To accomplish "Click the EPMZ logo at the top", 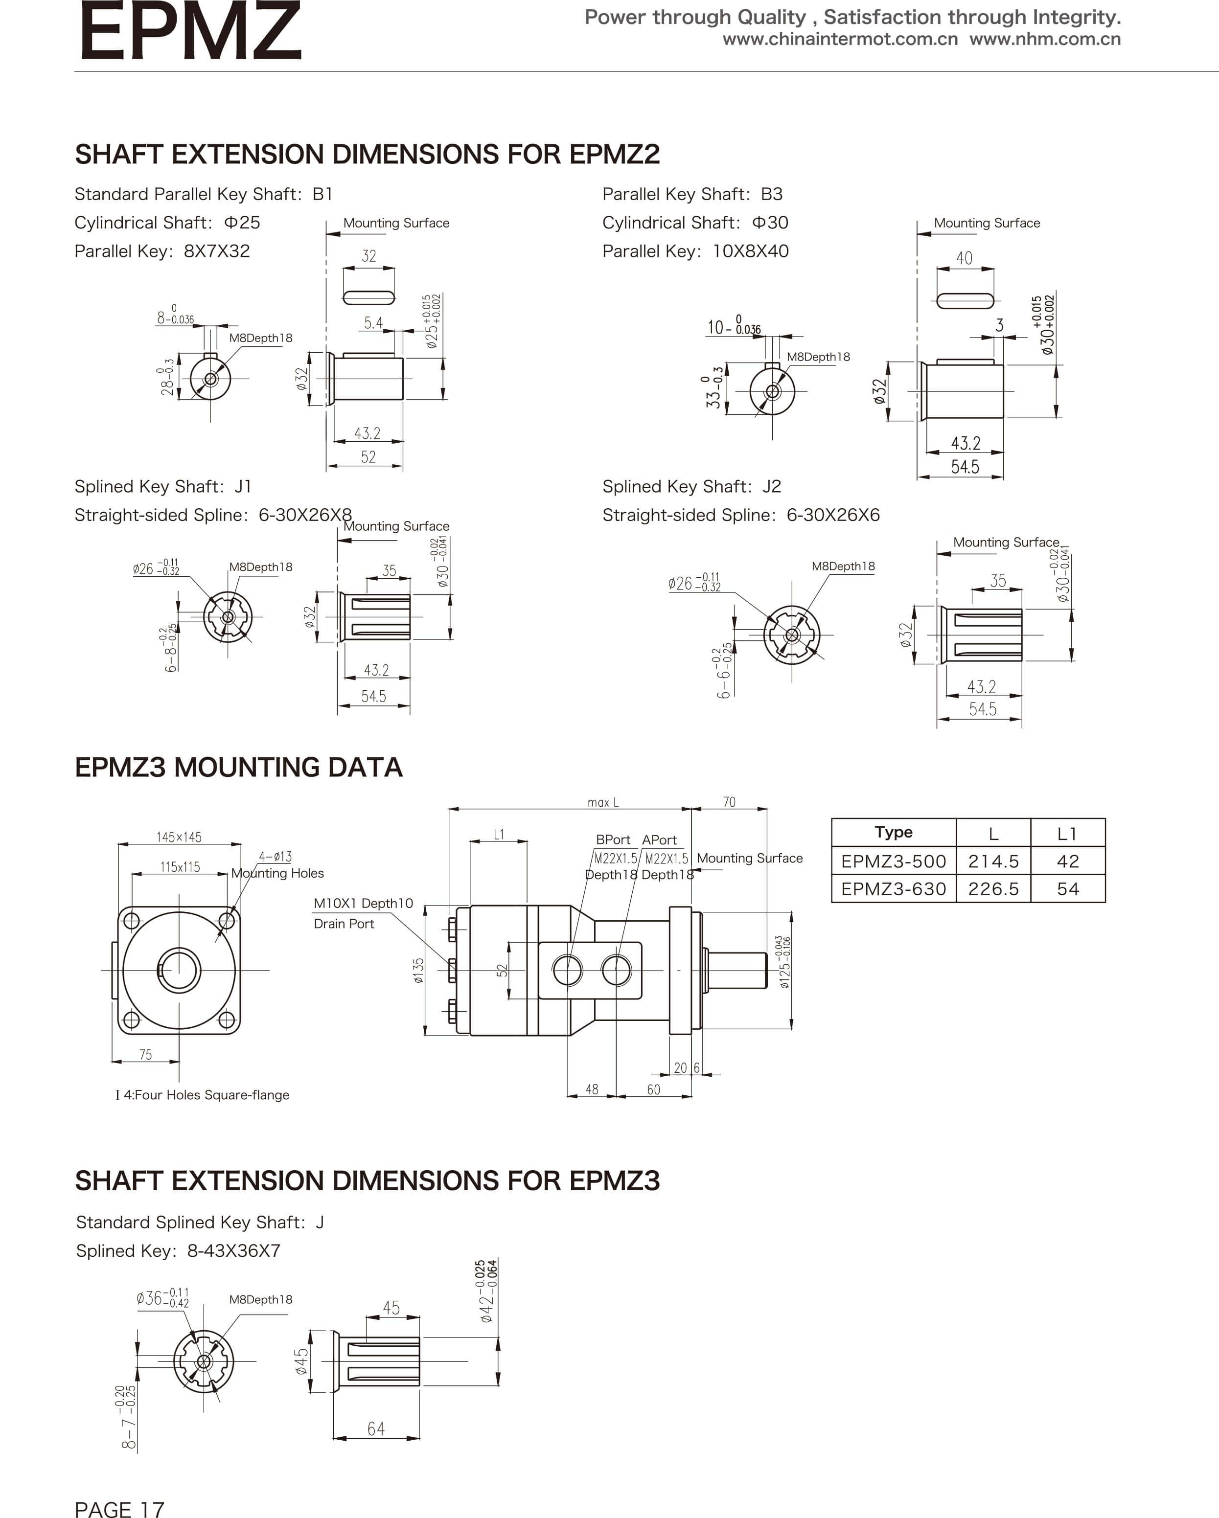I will [190, 32].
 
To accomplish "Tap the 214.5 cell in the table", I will [993, 861].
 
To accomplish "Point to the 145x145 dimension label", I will [179, 837].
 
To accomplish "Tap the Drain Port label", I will [344, 924].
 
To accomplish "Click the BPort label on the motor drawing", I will [613, 840].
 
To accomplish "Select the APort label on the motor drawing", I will [659, 840].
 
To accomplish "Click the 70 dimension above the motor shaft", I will [729, 802].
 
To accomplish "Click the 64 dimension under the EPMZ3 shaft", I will [376, 1428].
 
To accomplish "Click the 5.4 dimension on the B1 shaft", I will [373, 323].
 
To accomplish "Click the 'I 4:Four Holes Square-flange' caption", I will [203, 1095].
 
